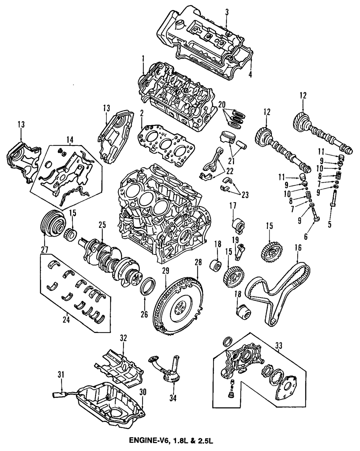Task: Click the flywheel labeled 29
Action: [179, 308]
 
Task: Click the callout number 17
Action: [232, 206]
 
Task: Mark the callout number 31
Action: [61, 375]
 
